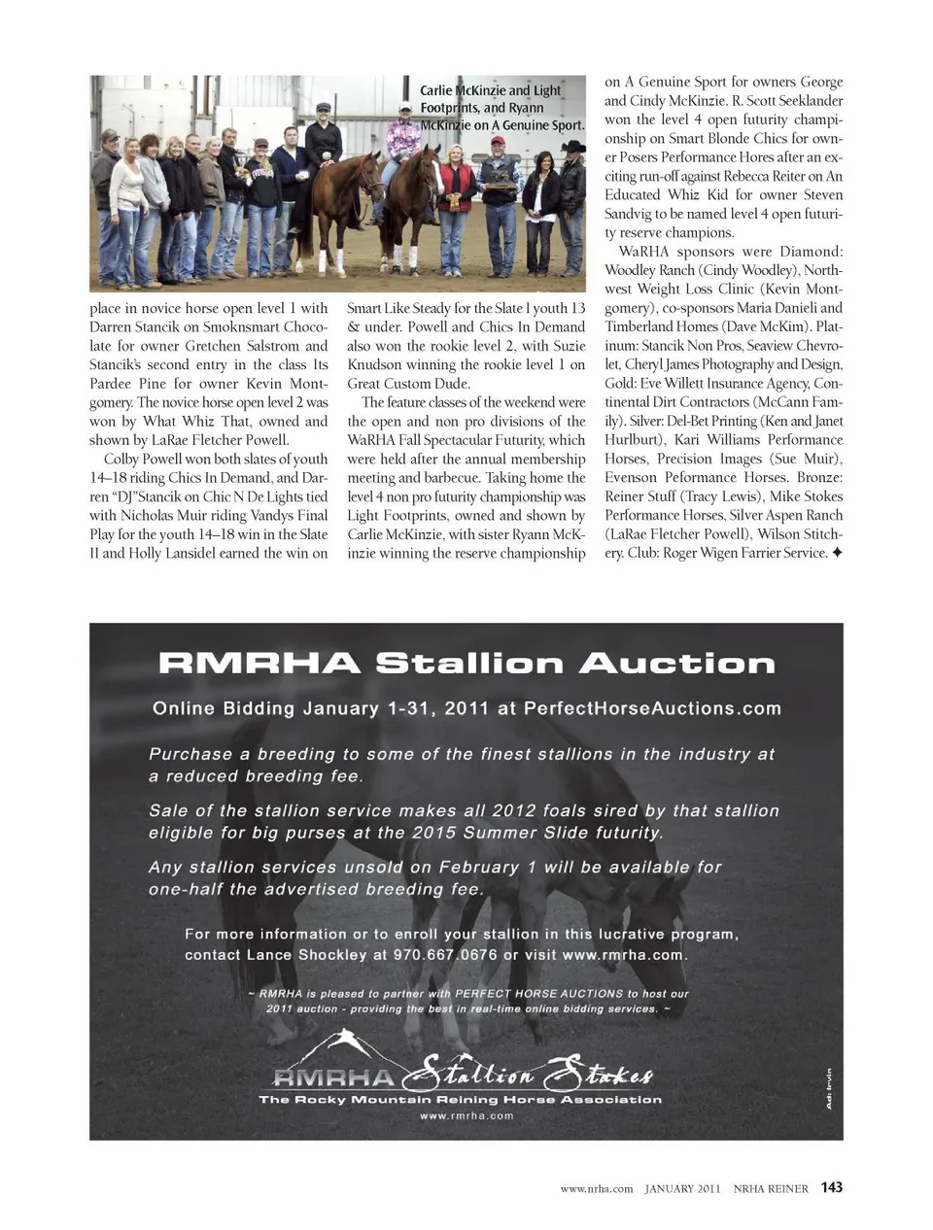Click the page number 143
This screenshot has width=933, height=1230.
(831, 1187)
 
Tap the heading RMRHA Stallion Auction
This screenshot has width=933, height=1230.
(466, 664)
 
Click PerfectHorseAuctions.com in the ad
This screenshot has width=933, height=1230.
(652, 708)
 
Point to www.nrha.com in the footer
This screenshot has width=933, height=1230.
(597, 1188)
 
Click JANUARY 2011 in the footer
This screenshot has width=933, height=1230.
(682, 1188)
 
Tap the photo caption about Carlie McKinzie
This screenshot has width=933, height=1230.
(501, 107)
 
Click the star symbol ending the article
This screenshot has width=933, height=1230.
(837, 554)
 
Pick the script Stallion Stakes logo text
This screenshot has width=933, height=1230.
(530, 1075)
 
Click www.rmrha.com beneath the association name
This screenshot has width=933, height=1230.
(466, 1116)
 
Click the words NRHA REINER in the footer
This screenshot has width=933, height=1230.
(770, 1188)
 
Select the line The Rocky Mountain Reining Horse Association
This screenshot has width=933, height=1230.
(460, 1100)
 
